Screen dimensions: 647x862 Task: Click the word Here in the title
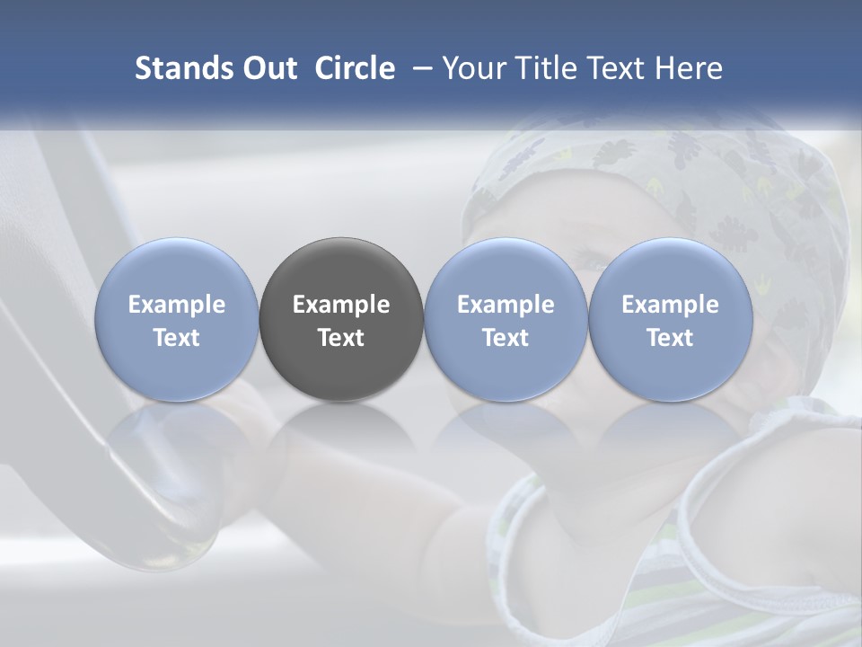click(689, 68)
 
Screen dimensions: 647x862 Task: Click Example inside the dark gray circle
click(341, 305)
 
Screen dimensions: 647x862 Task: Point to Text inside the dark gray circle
click(341, 338)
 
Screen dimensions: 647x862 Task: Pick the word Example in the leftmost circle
click(176, 305)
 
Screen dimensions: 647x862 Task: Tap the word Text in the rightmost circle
click(670, 338)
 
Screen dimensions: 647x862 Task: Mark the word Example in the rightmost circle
click(670, 305)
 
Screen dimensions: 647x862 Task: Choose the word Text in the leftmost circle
click(176, 338)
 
